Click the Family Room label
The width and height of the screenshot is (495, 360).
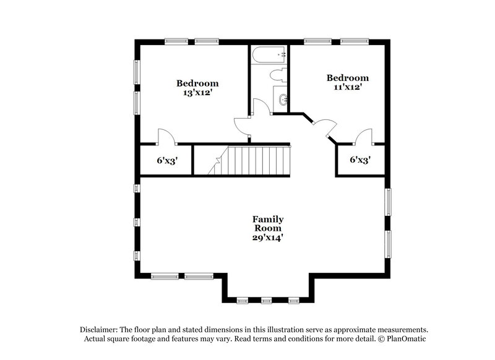point(268,223)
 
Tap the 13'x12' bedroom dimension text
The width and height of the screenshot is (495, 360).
point(197,93)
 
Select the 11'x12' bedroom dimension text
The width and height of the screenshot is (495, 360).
point(347,88)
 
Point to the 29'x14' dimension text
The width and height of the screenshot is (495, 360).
point(268,237)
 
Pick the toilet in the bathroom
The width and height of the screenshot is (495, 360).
point(277,77)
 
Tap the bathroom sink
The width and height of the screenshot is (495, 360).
point(282,99)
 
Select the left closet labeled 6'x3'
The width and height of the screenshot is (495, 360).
point(167,160)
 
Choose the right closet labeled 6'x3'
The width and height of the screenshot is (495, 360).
point(360,160)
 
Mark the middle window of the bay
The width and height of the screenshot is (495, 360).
point(267,300)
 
